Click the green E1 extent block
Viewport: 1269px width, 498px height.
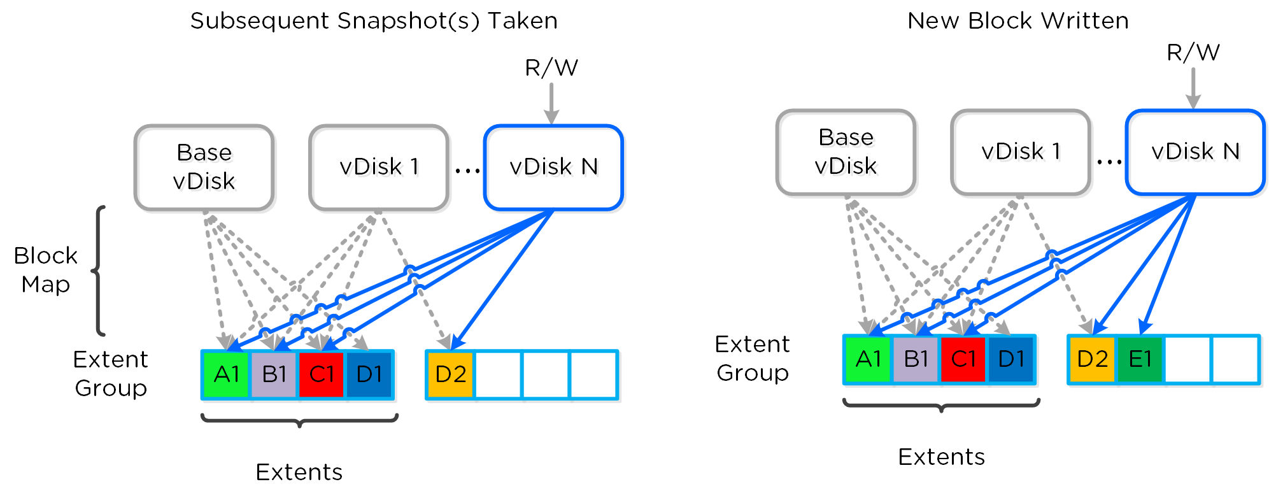coord(1140,360)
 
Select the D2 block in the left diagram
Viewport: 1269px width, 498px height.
coord(450,375)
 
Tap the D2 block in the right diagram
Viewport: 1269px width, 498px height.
coord(1092,360)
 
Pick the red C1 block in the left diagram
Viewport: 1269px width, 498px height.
coord(322,375)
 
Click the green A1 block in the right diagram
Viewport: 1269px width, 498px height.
coord(868,360)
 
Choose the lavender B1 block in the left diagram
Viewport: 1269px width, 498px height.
coord(274,375)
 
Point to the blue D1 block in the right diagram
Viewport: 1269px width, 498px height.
coord(1010,360)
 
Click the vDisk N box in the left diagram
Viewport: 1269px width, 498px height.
coord(553,167)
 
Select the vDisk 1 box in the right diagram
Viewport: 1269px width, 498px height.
coord(1021,152)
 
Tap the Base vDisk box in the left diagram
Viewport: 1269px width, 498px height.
coord(204,167)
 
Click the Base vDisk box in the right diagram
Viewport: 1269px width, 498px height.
coord(846,152)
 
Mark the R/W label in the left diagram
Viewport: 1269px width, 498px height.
coord(551,68)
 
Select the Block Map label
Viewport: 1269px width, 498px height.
coord(45,270)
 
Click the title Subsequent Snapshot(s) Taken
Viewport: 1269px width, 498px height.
coord(374,21)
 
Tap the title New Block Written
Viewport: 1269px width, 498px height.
coord(1017,21)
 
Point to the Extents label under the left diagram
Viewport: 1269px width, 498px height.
coord(299,473)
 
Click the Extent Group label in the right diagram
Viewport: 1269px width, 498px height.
coord(752,359)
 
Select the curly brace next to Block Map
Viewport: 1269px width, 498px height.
coord(99,271)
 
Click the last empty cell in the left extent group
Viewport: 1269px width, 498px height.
coord(593,375)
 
